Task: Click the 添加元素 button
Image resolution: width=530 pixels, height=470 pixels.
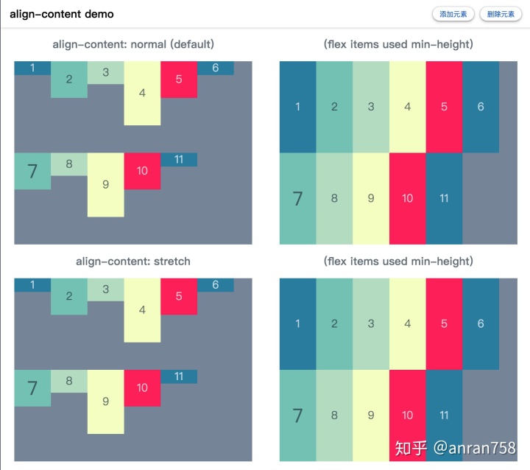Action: (x=453, y=14)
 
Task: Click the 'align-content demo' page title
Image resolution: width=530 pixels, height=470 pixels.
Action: (x=62, y=14)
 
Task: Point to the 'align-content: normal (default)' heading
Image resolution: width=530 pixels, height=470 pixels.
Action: (x=133, y=44)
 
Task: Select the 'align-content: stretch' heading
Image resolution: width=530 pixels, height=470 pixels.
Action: (x=133, y=262)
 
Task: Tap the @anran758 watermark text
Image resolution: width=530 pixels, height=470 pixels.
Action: (x=475, y=448)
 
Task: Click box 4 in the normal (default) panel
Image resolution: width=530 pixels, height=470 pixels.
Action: (x=142, y=93)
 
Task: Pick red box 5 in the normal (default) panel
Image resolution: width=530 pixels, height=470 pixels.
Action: (x=179, y=80)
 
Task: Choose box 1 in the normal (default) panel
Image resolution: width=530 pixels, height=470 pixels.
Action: (x=32, y=68)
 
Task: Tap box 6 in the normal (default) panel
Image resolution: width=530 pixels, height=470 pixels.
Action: (x=215, y=68)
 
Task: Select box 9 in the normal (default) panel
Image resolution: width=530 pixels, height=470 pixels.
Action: (x=106, y=185)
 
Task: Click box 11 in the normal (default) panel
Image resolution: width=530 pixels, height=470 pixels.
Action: (x=179, y=159)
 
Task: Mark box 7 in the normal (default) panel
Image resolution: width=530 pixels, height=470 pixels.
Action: (x=32, y=171)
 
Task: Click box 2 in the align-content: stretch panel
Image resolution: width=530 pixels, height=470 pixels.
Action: (x=69, y=296)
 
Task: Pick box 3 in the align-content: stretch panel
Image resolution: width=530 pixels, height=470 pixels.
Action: (x=106, y=290)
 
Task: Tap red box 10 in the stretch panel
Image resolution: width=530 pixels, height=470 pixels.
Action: (x=142, y=387)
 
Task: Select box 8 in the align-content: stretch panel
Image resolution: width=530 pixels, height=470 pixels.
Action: (x=69, y=381)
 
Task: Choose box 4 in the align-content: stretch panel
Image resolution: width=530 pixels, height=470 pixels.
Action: (x=142, y=310)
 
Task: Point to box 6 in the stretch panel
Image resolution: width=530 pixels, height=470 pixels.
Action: (x=215, y=285)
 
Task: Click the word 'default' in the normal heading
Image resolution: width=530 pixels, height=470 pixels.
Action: (x=192, y=44)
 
